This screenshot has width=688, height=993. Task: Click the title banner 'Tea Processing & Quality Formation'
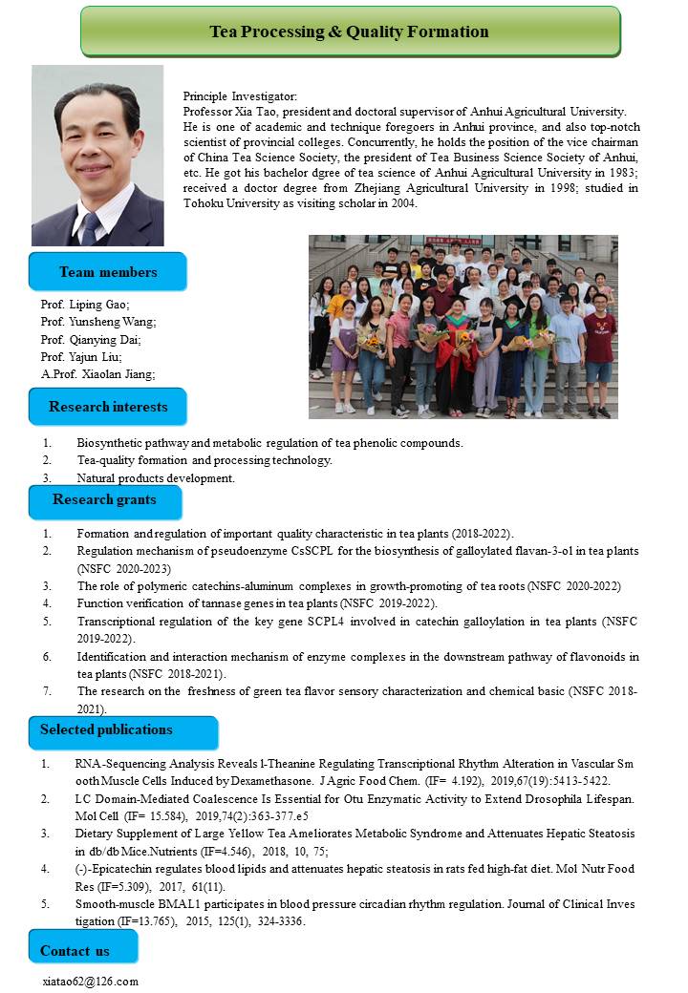click(350, 32)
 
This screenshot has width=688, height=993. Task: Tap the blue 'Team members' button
click(108, 272)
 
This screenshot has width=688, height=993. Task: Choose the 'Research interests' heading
click(108, 407)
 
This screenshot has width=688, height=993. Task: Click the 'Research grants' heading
click(104, 499)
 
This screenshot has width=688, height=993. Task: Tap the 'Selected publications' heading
click(106, 729)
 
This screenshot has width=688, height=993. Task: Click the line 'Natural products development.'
click(156, 477)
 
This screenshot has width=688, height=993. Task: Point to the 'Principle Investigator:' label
click(240, 96)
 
